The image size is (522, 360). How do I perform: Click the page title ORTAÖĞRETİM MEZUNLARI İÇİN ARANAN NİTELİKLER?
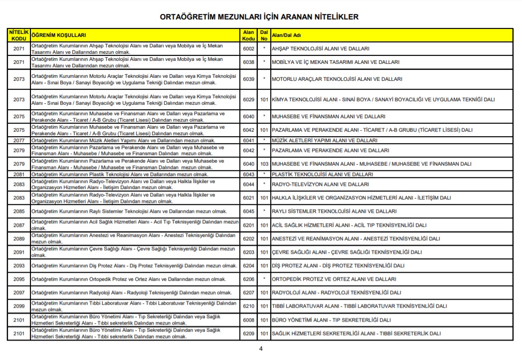coord(259,17)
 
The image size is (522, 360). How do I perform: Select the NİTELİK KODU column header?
coord(19,35)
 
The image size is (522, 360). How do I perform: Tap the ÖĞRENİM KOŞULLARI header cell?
coord(59,35)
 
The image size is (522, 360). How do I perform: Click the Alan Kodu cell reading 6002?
coord(248,49)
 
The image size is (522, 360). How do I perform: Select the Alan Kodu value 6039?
coord(248,79)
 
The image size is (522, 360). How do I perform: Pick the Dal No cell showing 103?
coord(264,164)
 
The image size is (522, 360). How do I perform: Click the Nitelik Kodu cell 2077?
coord(19,141)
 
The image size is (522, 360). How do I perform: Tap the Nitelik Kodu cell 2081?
coord(19,175)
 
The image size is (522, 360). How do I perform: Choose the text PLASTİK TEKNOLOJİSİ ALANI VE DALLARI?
coord(322,175)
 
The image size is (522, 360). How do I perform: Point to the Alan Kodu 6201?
coord(248,225)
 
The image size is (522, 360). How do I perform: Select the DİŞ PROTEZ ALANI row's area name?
coord(338,266)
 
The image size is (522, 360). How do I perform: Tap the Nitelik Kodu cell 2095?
coord(19,279)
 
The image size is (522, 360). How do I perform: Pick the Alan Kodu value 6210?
coord(248,306)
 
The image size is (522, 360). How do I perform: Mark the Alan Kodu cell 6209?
coord(248,334)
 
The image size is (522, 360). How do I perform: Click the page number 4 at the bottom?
coord(261,349)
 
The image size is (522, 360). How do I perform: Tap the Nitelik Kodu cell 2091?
coord(19,252)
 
